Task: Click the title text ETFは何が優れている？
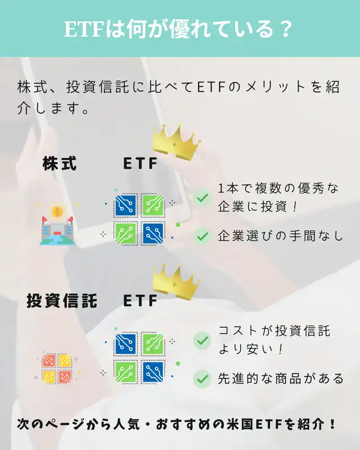click(178, 29)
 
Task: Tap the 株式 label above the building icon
click(60, 163)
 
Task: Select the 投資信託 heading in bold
click(62, 301)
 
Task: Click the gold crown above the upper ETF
click(175, 142)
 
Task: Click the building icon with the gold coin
click(57, 224)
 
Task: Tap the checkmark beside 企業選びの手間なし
click(202, 236)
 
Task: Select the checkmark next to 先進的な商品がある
click(202, 379)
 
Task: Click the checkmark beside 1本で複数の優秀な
click(202, 197)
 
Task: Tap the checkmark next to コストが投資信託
click(202, 340)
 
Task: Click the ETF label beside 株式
click(141, 164)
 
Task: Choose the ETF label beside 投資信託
click(141, 301)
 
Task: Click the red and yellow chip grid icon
click(57, 368)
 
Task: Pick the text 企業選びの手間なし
click(280, 236)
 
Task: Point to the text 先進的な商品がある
click(281, 379)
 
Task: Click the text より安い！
click(251, 349)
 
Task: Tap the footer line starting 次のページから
click(176, 424)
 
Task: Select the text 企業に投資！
click(258, 206)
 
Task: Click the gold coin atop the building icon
click(57, 212)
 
